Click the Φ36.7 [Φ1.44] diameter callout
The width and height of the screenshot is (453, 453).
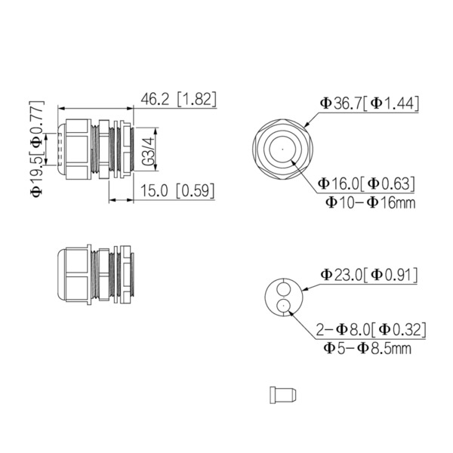click(x=369, y=103)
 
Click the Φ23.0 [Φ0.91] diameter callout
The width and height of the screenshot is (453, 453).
click(x=369, y=273)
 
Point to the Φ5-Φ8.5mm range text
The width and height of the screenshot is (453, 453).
click(x=368, y=348)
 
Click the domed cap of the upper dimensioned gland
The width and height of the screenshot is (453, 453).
click(x=60, y=149)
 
